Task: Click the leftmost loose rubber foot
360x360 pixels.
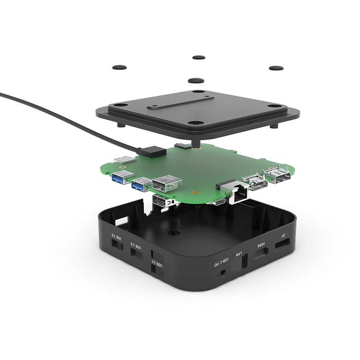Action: click(120, 67)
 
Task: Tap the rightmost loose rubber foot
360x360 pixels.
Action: click(276, 68)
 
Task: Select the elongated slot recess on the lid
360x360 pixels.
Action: click(180, 102)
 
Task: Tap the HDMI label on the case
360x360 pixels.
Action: click(261, 246)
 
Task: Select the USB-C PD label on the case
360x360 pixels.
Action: click(225, 261)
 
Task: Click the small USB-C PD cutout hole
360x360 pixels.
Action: click(223, 272)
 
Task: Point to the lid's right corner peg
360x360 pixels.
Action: click(275, 126)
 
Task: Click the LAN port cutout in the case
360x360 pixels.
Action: click(244, 263)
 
